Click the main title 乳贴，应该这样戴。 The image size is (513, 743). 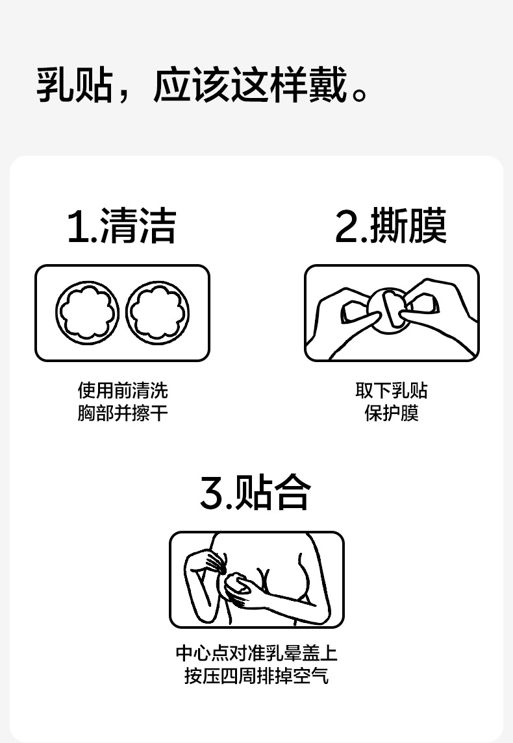pos(203,85)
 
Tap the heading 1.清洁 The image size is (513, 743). pos(122,226)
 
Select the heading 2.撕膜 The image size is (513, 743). pos(391,226)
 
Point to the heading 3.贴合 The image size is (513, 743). pos(256,493)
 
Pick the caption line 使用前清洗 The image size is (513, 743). pos(123,391)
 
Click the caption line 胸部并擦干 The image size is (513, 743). pos(123,413)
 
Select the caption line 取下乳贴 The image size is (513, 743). pos(392,391)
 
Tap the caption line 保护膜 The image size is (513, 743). pos(392,413)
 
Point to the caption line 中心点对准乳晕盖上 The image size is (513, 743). pos(256,653)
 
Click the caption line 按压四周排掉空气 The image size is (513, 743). pos(256,676)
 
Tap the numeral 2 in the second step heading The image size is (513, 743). pos(347,227)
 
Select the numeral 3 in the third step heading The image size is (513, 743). pos(212,493)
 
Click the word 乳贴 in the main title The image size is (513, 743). pos(75,85)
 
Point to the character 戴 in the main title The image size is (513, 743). pos(328,85)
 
